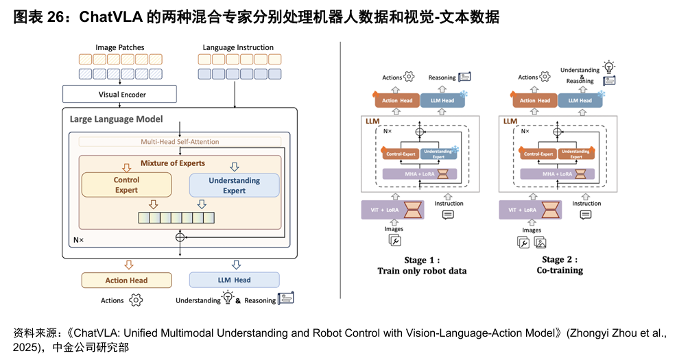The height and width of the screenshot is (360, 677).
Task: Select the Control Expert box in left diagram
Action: click(x=126, y=185)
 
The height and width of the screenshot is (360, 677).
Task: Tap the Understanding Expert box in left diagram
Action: click(x=234, y=185)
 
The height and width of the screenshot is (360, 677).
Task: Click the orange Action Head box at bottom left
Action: click(x=126, y=280)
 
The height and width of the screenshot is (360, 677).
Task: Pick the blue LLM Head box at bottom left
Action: click(x=234, y=280)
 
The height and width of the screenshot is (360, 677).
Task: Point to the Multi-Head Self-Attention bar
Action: click(x=180, y=142)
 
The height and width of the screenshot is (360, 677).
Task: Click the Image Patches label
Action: click(x=120, y=47)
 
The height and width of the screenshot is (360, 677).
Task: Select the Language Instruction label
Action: click(x=238, y=47)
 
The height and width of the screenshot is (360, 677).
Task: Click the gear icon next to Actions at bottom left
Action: click(x=136, y=300)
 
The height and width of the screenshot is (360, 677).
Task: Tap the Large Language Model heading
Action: click(x=117, y=119)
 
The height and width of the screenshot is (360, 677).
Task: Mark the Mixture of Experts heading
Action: click(x=172, y=163)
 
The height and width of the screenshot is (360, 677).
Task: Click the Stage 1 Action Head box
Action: click(x=397, y=101)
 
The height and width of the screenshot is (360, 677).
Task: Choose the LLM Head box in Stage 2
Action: click(x=580, y=101)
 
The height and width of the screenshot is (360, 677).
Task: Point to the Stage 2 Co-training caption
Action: click(x=560, y=270)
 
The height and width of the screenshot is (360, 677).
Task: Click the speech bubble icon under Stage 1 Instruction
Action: click(x=449, y=215)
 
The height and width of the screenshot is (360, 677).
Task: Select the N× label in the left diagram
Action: click(x=78, y=241)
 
